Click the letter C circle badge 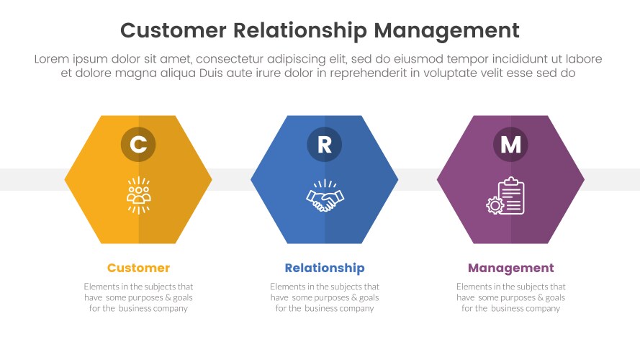click(138, 145)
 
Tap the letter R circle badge click(324, 145)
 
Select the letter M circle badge click(510, 145)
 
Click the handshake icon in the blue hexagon click(325, 196)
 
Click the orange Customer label click(138, 268)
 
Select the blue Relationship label click(324, 268)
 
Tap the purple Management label click(510, 268)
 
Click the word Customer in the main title click(173, 30)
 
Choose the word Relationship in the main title click(302, 30)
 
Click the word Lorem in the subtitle click(51, 59)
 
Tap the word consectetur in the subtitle click(232, 59)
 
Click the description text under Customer click(138, 297)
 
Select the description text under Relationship click(324, 297)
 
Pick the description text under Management click(510, 297)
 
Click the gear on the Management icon click(495, 205)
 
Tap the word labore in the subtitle click(585, 59)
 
